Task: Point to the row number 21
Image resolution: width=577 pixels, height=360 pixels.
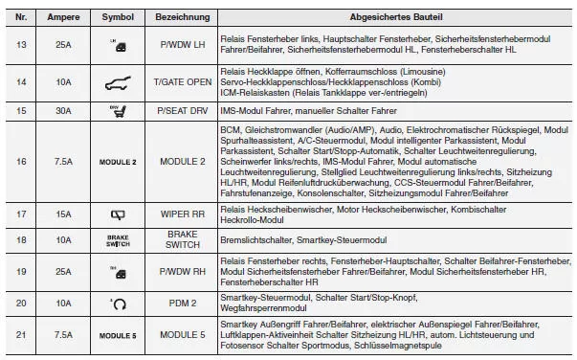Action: (x=21, y=336)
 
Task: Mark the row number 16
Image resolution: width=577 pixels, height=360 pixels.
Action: (x=21, y=162)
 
